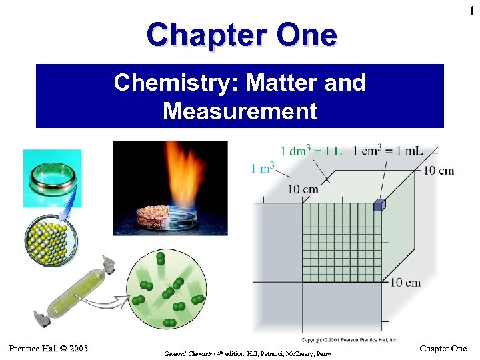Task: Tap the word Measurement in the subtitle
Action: [240, 111]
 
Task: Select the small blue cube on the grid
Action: [379, 206]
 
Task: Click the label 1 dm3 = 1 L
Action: [311, 151]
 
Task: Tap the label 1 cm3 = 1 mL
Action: [387, 151]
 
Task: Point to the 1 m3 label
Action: [263, 168]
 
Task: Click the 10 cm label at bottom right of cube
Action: [405, 282]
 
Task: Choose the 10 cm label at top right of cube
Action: [438, 171]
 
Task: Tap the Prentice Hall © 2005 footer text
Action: [48, 348]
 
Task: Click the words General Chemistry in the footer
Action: [189, 353]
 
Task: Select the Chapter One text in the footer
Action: [443, 349]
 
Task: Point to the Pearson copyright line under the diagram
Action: [349, 340]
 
